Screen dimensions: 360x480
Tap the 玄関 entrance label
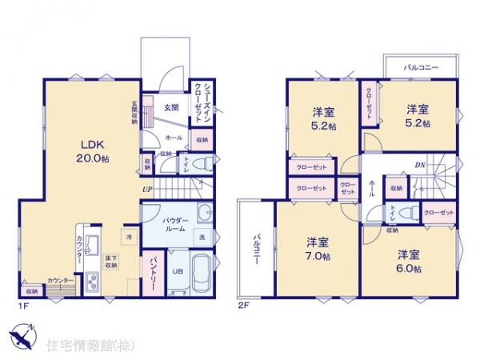click(x=172, y=107)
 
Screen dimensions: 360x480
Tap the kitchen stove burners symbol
click(x=91, y=281)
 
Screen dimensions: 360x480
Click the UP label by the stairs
click(x=147, y=189)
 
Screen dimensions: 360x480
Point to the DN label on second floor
click(x=420, y=166)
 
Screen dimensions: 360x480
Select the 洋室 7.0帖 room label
click(x=318, y=249)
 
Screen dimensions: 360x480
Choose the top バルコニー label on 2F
click(x=419, y=69)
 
